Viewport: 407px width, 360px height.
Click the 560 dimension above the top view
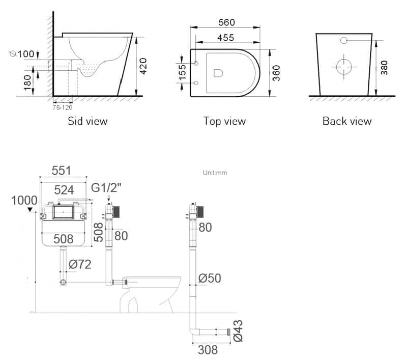(x=226, y=22)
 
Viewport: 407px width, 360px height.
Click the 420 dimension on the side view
(x=143, y=66)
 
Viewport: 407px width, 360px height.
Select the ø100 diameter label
(x=21, y=54)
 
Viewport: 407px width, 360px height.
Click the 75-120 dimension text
(x=63, y=107)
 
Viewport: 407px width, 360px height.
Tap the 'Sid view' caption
(x=88, y=121)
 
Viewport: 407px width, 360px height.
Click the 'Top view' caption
(x=224, y=121)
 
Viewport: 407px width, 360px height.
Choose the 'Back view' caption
(x=347, y=121)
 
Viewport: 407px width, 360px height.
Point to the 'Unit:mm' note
(x=215, y=173)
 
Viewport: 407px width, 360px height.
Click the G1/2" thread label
(x=106, y=188)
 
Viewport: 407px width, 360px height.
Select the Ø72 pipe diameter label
(x=80, y=264)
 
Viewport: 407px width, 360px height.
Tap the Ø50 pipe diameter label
(x=210, y=278)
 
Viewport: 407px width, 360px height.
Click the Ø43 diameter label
(x=238, y=330)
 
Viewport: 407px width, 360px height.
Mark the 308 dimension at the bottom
(x=208, y=350)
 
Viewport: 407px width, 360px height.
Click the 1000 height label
(x=24, y=200)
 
